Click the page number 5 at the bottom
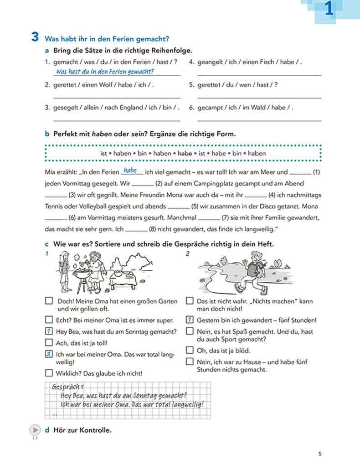click(320, 454)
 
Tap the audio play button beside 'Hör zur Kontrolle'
click(35, 430)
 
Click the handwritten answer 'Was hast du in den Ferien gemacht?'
click(104, 72)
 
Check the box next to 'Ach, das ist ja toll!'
click(49, 342)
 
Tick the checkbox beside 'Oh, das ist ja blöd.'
click(190, 350)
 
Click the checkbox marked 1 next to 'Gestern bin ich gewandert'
click(190, 320)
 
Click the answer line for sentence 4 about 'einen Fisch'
click(259, 74)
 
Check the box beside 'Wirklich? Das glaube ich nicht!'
click(49, 373)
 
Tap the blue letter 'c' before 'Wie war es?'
click(47, 244)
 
